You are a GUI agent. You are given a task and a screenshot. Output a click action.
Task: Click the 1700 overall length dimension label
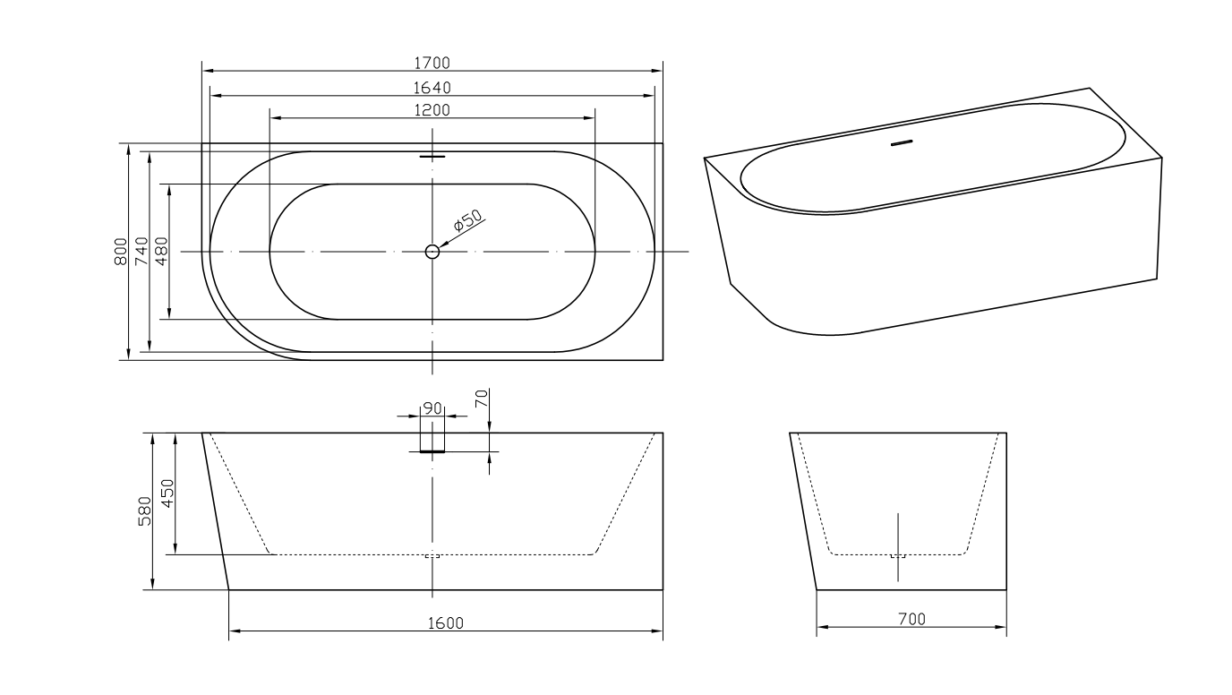click(432, 63)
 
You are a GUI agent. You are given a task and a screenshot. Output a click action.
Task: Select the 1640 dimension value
click(432, 87)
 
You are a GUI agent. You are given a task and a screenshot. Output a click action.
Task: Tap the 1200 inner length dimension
click(432, 109)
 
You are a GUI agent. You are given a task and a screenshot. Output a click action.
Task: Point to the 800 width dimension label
click(121, 252)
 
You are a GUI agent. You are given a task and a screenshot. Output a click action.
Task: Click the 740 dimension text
click(141, 252)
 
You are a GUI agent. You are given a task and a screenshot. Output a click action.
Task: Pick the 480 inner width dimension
click(162, 252)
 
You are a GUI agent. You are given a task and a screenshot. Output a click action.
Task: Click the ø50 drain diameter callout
click(467, 220)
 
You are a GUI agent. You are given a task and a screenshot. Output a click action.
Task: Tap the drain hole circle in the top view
click(432, 252)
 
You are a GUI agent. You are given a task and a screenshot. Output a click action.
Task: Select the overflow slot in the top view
click(432, 156)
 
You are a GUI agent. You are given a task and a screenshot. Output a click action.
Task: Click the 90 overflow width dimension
click(432, 408)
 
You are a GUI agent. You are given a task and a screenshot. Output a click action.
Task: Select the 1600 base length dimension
click(445, 623)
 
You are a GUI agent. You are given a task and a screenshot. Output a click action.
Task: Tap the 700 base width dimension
click(911, 618)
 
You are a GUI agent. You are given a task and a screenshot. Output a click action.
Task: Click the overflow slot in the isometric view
click(902, 142)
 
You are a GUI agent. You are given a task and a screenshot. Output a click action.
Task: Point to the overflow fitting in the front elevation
click(432, 451)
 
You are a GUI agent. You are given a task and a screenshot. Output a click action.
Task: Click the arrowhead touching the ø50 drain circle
click(442, 243)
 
